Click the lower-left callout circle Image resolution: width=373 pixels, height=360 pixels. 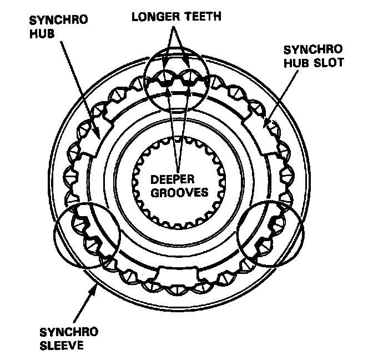(87, 236)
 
